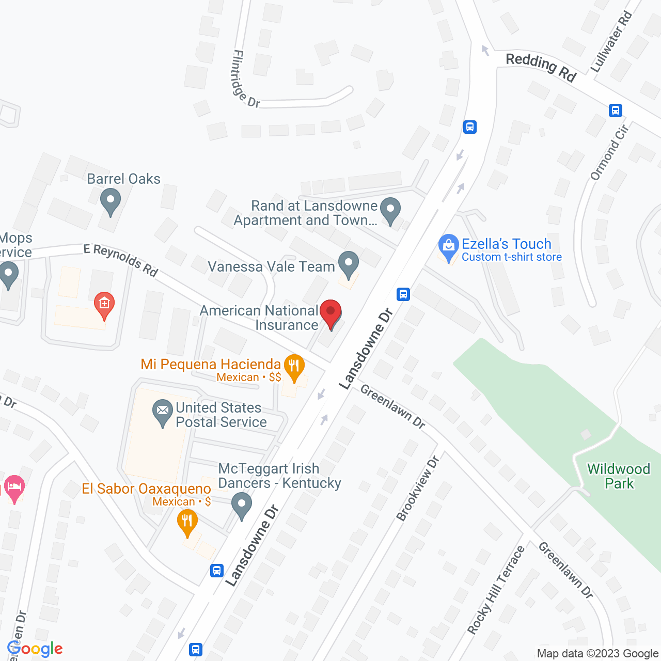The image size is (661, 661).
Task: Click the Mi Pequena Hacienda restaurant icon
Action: (x=294, y=367)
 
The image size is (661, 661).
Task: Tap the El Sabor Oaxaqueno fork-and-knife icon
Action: (x=187, y=521)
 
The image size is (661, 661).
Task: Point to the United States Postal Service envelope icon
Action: (x=163, y=412)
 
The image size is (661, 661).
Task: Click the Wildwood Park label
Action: (x=619, y=476)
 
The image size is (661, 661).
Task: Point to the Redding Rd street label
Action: (x=541, y=67)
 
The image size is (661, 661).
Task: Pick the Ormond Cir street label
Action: (x=609, y=152)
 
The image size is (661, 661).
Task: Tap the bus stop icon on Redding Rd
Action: (x=615, y=110)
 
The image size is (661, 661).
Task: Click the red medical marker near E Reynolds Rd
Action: (x=104, y=305)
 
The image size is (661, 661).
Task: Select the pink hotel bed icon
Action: (x=14, y=487)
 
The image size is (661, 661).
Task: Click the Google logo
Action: (x=35, y=649)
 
